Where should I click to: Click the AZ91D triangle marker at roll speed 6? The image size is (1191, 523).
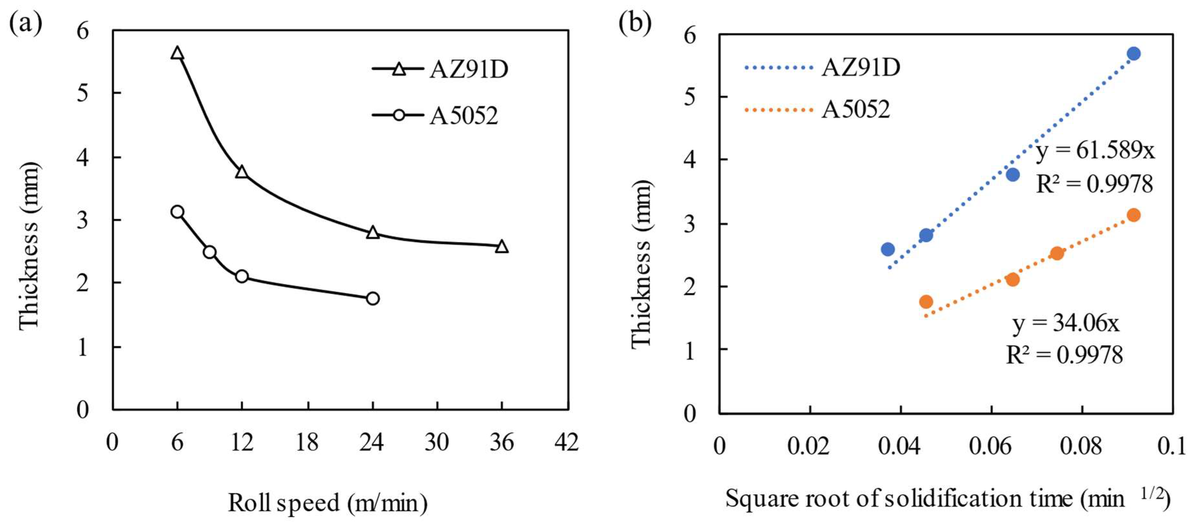point(177,54)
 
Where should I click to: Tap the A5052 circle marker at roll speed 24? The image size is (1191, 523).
point(373,298)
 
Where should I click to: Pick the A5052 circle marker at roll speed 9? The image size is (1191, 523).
point(210,252)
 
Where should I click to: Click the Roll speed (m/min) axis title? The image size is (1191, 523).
point(327,503)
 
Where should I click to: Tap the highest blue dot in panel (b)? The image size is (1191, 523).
point(1133,54)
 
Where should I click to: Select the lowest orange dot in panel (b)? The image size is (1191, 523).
point(926,302)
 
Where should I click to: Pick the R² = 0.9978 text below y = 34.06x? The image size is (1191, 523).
point(1064,355)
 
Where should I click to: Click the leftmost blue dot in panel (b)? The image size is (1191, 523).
point(888,249)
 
